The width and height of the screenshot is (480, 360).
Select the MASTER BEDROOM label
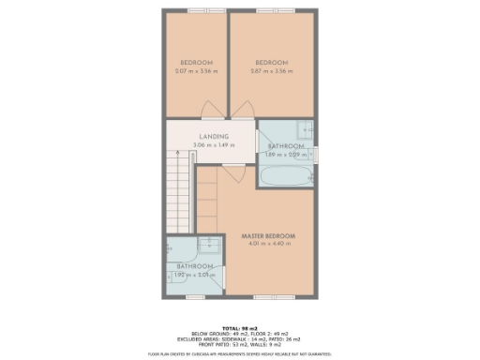coord(268,234)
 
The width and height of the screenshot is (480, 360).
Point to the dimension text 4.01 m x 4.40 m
coord(268,244)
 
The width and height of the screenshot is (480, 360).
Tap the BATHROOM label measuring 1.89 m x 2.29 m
coord(285,146)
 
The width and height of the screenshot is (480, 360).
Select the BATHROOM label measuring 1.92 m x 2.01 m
coord(195,267)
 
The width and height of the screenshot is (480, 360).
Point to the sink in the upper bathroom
coord(304,129)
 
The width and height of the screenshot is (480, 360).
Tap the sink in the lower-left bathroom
coord(210,245)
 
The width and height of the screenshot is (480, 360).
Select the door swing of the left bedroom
coord(215,110)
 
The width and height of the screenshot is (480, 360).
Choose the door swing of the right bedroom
coord(242,110)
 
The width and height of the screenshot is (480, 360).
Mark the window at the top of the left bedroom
coord(198,10)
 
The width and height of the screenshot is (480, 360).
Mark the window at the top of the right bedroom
coord(271,10)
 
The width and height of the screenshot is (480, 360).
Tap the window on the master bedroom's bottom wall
coord(268,297)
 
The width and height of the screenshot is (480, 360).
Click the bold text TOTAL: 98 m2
coord(239,321)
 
